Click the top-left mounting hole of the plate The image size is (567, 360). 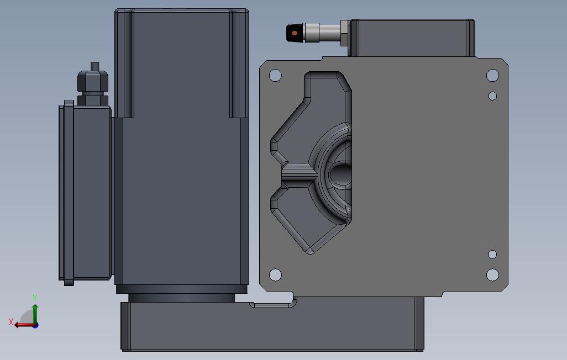pos(275,75)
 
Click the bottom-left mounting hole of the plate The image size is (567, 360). pos(275,275)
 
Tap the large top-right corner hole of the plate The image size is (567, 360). pos(492,75)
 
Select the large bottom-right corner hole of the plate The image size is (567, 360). pos(492,275)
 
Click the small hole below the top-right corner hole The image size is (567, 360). pos(492,96)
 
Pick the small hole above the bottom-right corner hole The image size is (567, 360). pos(492,254)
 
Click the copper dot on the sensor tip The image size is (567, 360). pos(295,33)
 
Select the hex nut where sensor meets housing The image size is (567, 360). pos(345,33)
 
